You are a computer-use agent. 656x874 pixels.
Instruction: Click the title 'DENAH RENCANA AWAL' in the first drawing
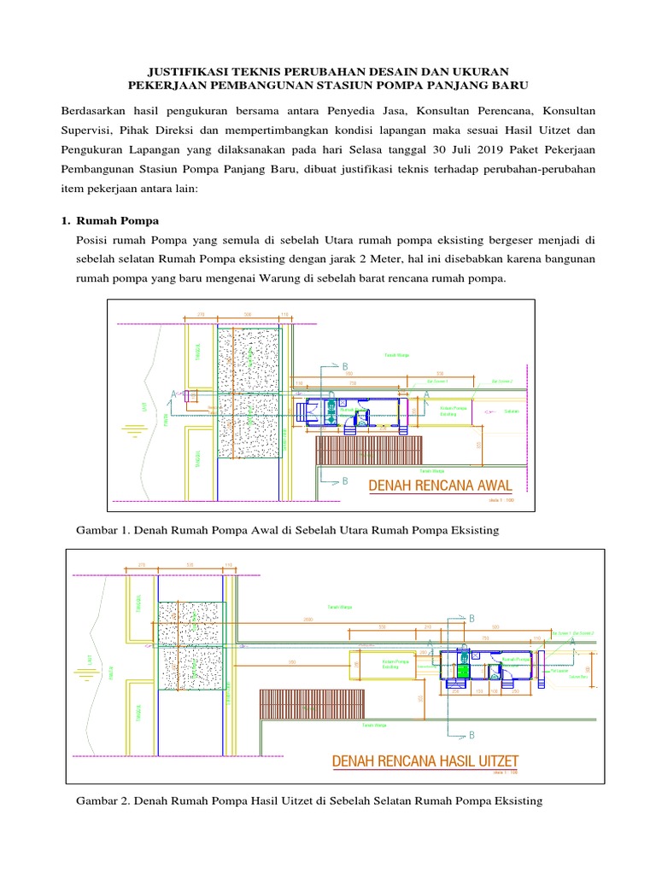(440, 487)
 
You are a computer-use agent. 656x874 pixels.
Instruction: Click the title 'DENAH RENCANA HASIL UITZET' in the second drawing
(425, 761)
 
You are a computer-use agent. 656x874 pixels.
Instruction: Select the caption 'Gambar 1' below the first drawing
(102, 531)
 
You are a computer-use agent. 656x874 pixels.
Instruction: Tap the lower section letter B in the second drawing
(470, 735)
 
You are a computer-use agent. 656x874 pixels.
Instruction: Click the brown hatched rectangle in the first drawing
(369, 450)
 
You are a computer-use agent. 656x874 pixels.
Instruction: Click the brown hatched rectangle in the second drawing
(312, 703)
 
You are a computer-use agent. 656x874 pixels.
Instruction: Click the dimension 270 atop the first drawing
(202, 315)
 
